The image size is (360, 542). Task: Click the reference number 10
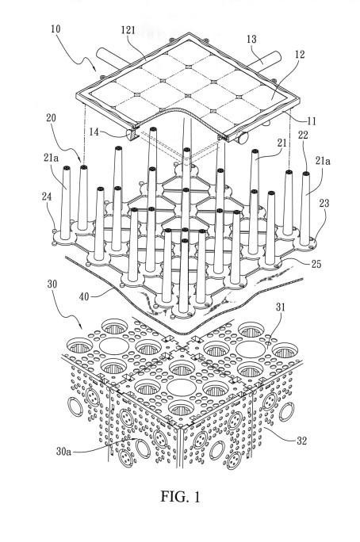[x=56, y=29]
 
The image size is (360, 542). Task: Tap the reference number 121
[x=128, y=30]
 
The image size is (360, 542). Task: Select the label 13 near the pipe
[x=251, y=39]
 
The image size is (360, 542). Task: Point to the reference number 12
[x=300, y=54]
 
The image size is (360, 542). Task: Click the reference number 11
[x=312, y=120]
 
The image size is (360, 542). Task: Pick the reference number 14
[x=94, y=132]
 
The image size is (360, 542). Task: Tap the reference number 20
[x=52, y=118]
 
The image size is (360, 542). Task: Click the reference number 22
[x=303, y=135]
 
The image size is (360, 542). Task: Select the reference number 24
[x=47, y=197]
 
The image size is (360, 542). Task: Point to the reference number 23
[x=324, y=203]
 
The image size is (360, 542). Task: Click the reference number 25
[x=316, y=264]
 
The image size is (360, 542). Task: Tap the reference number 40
[x=84, y=296]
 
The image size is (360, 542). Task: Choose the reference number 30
[x=52, y=284]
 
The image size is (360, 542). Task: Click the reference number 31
[x=281, y=307]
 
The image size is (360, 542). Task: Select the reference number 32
[x=301, y=441]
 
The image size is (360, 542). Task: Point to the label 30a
[x=63, y=451]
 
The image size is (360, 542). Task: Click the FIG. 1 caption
[x=180, y=497]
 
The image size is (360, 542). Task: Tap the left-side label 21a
[x=52, y=158]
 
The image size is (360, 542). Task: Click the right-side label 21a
[x=322, y=161]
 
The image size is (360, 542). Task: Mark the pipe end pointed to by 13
[x=276, y=56]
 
